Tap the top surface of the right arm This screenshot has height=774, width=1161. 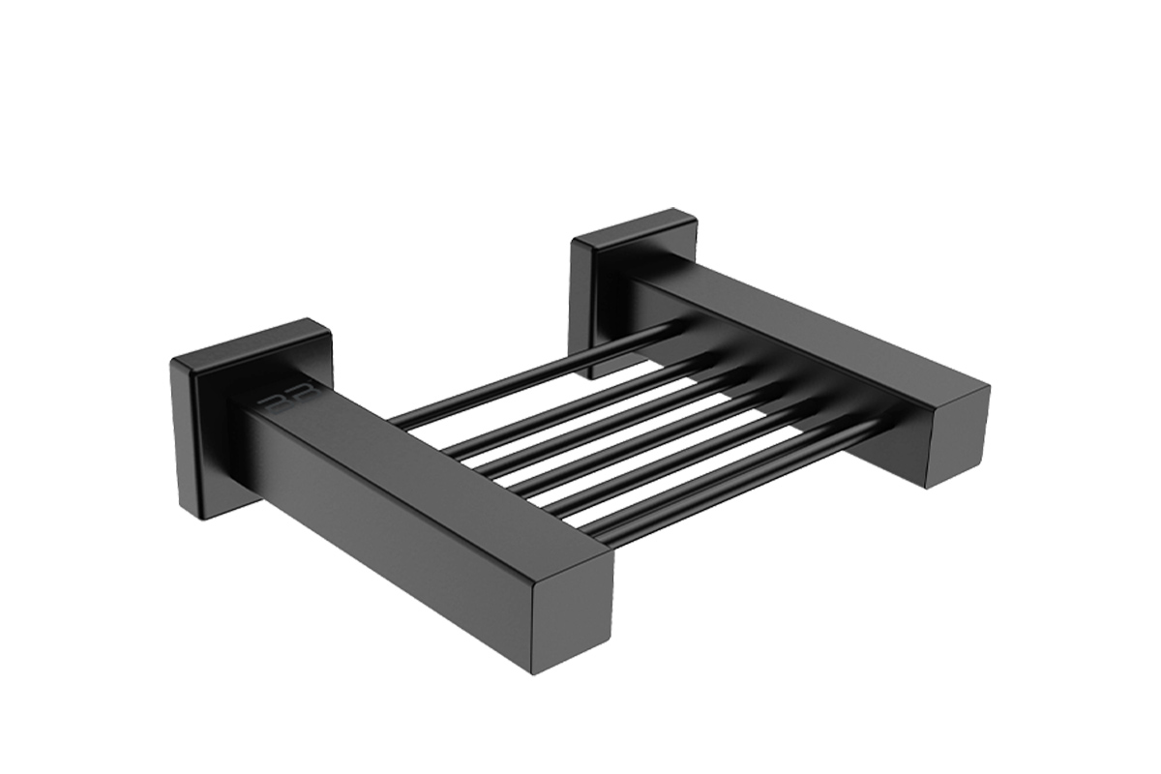point(813,319)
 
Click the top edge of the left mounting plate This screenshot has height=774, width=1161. point(252,339)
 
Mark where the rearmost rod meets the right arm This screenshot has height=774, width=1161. point(677,329)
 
